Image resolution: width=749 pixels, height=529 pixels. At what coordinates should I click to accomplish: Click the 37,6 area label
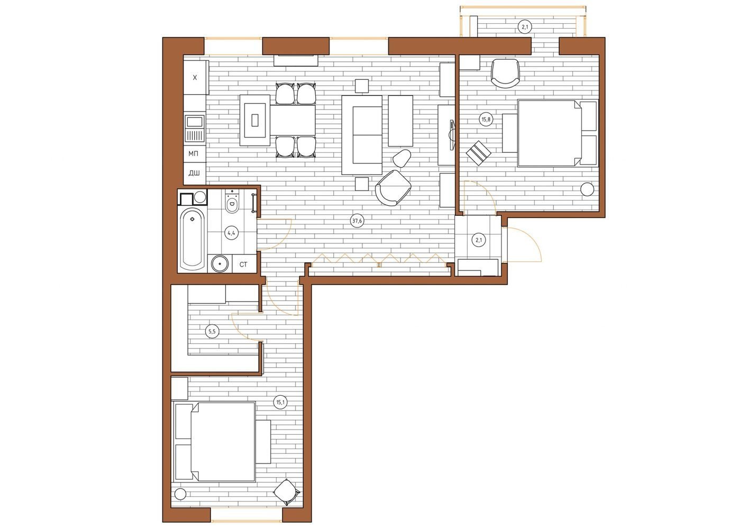coord(357,221)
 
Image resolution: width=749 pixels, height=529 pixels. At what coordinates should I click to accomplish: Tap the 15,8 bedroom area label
coord(486,119)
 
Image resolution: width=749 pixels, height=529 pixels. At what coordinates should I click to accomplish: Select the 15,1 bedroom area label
coord(280,402)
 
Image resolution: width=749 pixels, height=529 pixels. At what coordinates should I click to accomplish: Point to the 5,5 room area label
coord(212,332)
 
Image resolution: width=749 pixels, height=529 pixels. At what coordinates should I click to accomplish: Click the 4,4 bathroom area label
coord(231,233)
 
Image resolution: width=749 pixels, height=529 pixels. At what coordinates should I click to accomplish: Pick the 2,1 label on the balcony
coord(525,27)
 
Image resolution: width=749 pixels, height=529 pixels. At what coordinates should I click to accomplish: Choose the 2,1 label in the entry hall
coord(479,240)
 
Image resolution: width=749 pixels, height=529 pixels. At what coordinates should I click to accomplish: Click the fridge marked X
coord(195,77)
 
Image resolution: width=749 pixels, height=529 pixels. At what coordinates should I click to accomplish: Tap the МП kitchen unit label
coord(193,153)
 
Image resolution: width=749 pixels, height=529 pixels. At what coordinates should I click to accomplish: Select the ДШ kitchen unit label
coord(194,173)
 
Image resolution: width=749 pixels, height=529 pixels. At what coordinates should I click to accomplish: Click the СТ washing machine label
coord(243,264)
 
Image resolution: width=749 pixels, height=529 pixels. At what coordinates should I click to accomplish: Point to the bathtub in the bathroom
coord(192,240)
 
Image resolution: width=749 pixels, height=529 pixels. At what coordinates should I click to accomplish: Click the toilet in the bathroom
coord(232,202)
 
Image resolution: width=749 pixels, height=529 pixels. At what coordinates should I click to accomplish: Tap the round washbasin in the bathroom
coord(220,264)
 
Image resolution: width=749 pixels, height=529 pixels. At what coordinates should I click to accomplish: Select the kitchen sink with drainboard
coord(195,129)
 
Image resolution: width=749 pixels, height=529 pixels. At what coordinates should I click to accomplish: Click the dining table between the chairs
coord(293,120)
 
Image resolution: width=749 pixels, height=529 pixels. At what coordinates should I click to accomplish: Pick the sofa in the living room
coord(362,135)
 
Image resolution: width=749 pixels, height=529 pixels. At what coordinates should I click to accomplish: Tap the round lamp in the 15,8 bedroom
coord(587,189)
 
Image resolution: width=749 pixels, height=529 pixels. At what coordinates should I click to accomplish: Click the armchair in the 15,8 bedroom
coord(505,74)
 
